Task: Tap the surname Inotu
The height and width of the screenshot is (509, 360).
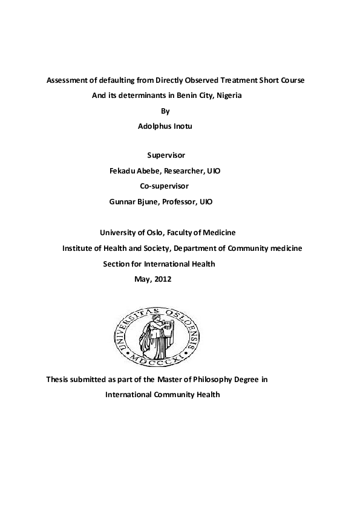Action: point(184,126)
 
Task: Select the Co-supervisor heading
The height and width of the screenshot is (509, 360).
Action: point(164,186)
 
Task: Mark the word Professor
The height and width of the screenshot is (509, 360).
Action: point(178,201)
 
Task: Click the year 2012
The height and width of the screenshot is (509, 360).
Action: point(162,279)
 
